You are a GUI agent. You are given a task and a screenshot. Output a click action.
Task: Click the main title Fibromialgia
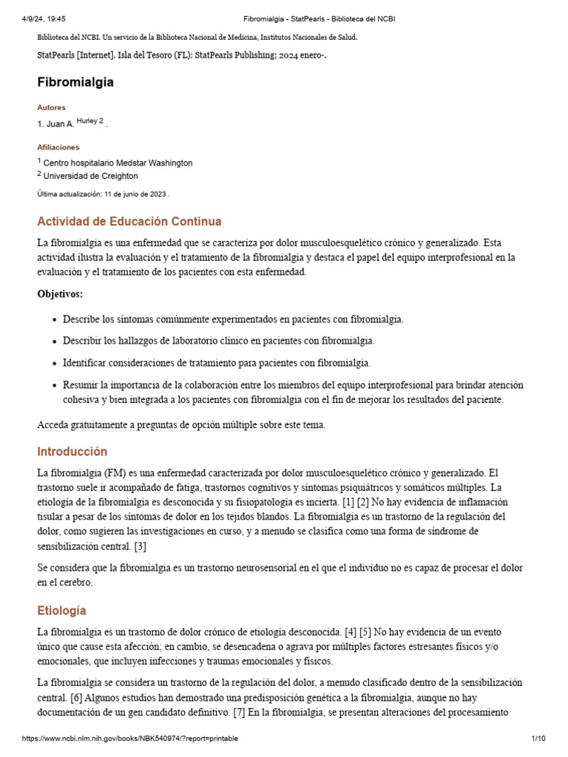coord(75,82)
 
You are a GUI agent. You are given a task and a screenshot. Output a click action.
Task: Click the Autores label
coord(51,108)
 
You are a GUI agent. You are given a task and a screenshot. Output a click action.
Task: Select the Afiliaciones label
coord(58,147)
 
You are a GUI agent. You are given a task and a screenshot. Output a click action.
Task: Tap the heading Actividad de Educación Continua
coord(129,221)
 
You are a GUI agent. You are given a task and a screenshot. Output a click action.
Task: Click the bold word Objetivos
coord(60,294)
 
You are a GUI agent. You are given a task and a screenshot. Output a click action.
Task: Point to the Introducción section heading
coord(72,451)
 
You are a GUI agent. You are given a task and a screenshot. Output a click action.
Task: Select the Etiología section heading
coord(62,611)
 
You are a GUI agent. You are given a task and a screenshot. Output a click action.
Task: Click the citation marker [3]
coord(141,546)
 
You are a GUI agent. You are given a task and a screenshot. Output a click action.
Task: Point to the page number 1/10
coord(538,739)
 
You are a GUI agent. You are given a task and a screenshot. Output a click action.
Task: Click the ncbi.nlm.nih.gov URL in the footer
coord(130,739)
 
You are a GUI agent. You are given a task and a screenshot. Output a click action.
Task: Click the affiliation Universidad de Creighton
coord(90,176)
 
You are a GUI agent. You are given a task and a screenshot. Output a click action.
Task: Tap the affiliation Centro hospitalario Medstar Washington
coord(118,163)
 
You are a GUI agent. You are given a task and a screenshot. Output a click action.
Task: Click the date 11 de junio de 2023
coord(135,194)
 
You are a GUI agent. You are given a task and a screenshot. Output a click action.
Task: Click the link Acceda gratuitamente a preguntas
coord(181,425)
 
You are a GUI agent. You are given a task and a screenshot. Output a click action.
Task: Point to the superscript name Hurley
coord(87,121)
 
